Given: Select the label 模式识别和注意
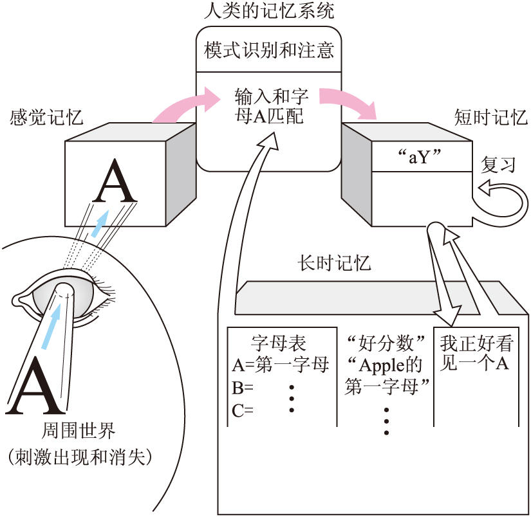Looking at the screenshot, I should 268,51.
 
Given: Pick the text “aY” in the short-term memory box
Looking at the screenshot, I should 423,156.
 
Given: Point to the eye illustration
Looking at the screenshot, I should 64,296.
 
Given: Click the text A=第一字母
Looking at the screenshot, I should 281,366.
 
